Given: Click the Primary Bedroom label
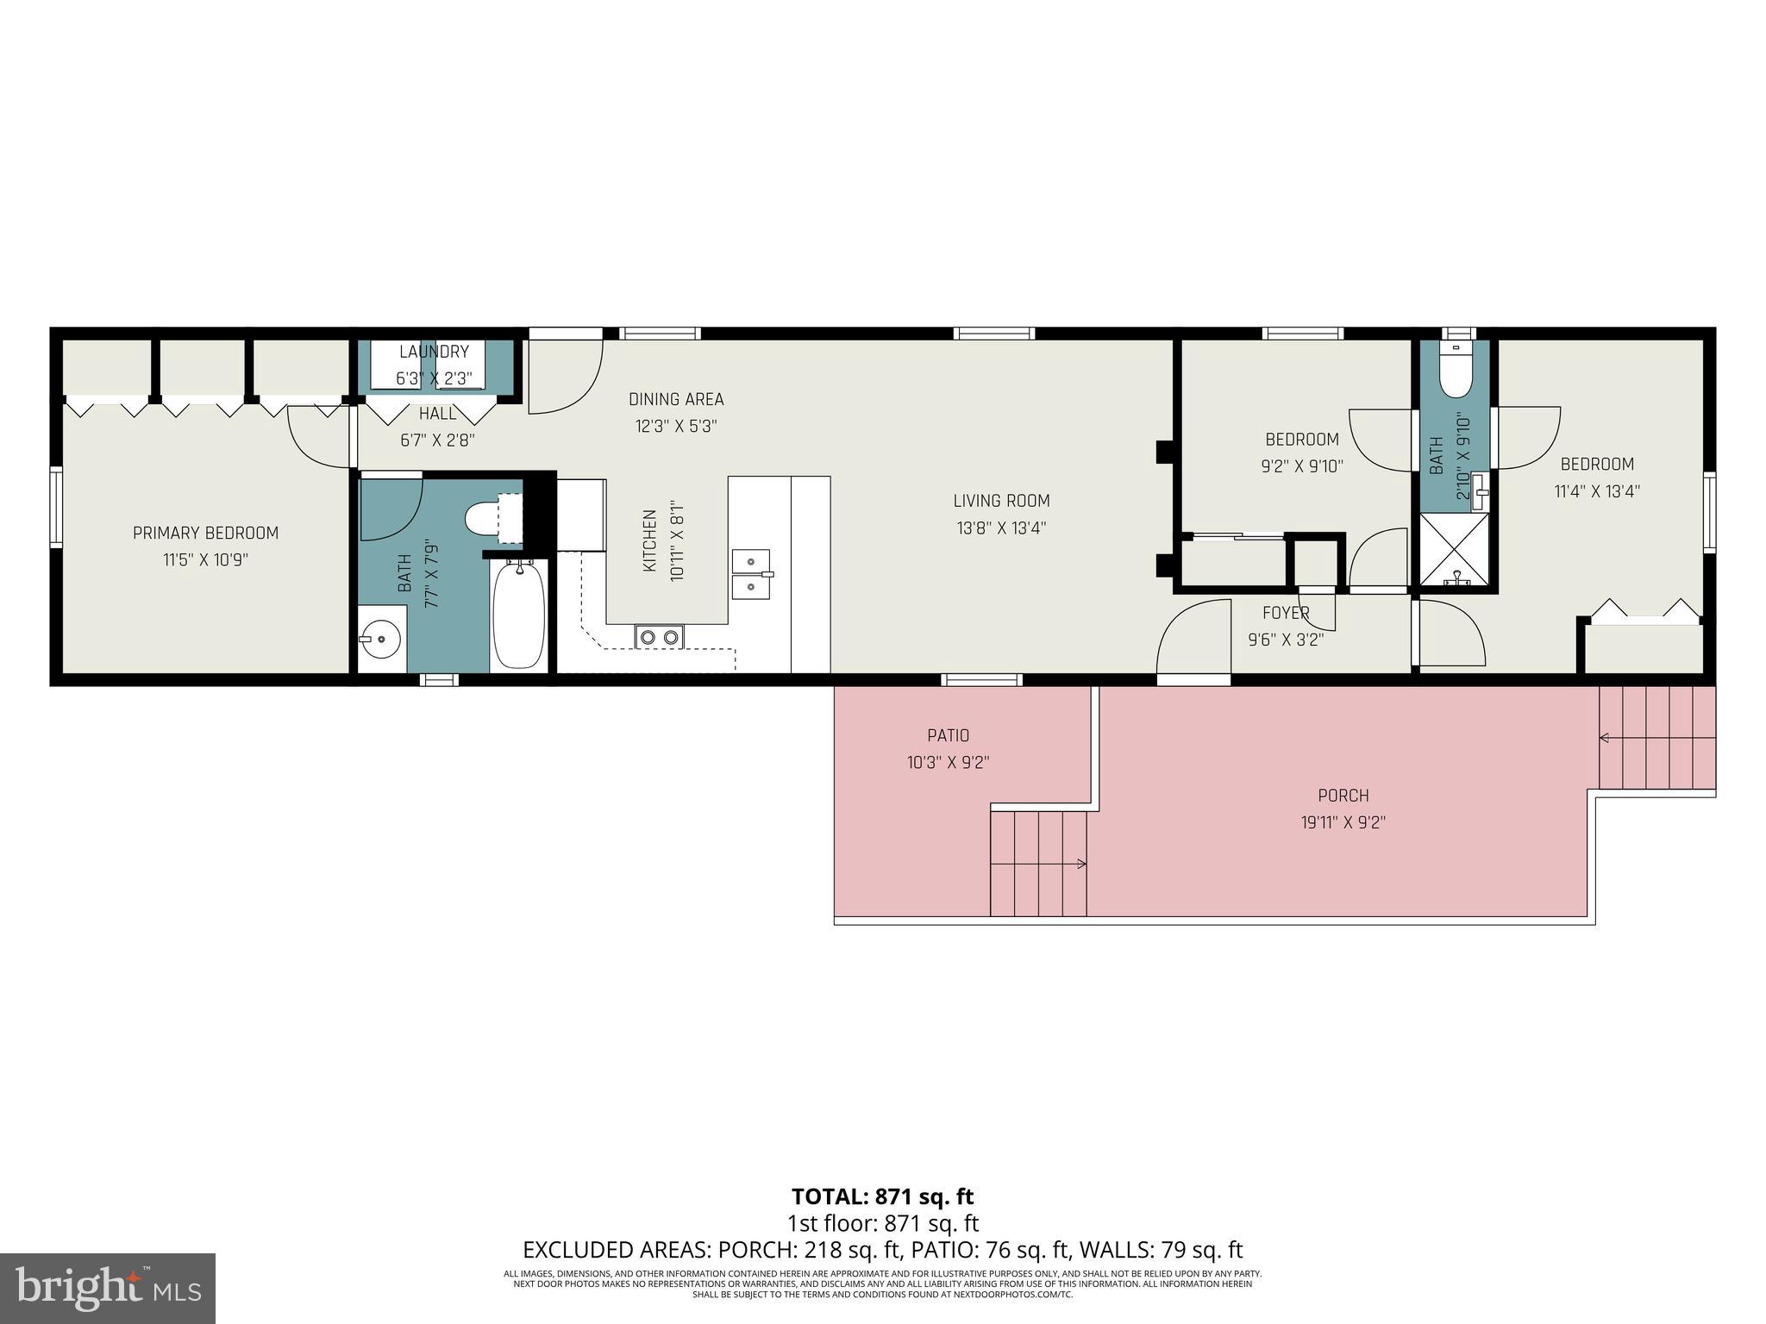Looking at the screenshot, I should (205, 533).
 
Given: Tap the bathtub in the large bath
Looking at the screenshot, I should (519, 613).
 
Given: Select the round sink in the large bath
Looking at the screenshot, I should (379, 639).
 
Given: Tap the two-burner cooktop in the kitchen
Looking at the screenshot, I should (660, 637).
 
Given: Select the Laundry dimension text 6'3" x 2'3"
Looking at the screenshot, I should (434, 378).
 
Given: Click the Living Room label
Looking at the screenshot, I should (1001, 501).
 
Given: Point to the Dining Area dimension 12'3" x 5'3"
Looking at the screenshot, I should (676, 426).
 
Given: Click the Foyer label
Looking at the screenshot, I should (1286, 613).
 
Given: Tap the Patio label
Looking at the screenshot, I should (948, 735).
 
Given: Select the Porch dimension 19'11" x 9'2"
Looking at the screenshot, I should (1343, 822).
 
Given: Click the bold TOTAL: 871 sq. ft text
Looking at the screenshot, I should (882, 1196).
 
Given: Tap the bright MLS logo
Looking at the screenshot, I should (107, 1288).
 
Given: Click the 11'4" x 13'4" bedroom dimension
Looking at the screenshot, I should (1597, 491).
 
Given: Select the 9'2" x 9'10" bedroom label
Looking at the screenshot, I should (1302, 440).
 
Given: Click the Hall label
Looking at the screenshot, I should (437, 414).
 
